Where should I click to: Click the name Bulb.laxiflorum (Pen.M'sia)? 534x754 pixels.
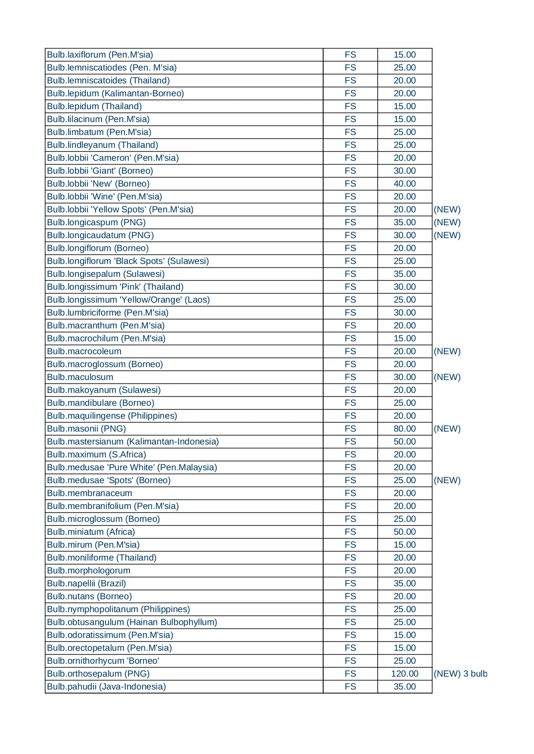[100, 55]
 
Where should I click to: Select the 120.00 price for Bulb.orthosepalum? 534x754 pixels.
[404, 674]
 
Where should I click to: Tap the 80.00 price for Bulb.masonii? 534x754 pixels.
[404, 429]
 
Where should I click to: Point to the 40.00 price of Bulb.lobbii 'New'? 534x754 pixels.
[404, 184]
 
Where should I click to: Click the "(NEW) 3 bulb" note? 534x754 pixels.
[460, 674]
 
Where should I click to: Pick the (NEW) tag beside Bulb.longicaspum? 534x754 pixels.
[447, 222]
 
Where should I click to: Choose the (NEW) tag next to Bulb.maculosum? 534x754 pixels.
[447, 377]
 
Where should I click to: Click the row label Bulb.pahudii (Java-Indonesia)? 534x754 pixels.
[106, 687]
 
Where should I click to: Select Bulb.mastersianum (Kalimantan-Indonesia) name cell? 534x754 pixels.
[133, 441]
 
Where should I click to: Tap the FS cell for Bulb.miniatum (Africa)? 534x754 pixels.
[350, 532]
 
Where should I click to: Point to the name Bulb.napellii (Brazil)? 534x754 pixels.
[86, 583]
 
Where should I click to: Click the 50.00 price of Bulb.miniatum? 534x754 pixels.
[404, 532]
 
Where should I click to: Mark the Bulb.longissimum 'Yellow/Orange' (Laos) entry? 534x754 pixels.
[128, 300]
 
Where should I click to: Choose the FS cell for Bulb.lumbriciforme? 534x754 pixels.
[350, 313]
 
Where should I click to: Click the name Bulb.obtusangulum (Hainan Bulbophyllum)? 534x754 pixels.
[132, 622]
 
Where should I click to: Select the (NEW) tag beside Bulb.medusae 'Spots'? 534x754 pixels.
[447, 480]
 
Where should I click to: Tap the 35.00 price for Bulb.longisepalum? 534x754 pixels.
[404, 274]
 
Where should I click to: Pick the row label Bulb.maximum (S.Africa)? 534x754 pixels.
[96, 454]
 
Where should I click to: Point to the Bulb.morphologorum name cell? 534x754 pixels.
[89, 570]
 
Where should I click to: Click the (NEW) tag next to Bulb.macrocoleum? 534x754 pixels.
[447, 351]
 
